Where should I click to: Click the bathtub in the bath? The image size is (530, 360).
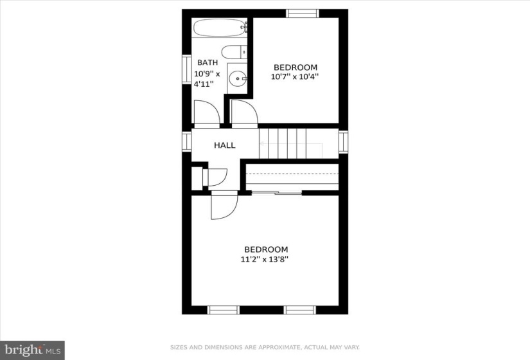[x=220, y=28]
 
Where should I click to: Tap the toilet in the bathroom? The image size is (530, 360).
[x=234, y=52]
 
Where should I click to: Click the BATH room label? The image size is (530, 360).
[x=208, y=62]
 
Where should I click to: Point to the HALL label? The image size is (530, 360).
[x=225, y=145]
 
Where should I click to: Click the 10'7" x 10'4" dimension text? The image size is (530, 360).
[x=295, y=76]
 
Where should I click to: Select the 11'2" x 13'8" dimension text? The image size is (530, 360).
[x=264, y=260]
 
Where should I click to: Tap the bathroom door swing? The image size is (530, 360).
[x=206, y=113]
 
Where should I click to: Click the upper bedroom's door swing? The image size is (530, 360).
[x=244, y=113]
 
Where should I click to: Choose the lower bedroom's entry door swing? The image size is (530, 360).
[x=224, y=205]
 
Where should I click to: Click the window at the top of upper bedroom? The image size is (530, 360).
[x=303, y=14]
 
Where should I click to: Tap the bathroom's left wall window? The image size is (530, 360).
[x=186, y=69]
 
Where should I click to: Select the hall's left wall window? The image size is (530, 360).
[x=186, y=141]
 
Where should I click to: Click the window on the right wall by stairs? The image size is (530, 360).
[x=343, y=142]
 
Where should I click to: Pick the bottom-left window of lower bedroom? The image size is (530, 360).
[x=223, y=310]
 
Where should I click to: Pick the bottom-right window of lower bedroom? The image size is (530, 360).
[x=300, y=310]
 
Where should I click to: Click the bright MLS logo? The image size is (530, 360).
[x=33, y=350]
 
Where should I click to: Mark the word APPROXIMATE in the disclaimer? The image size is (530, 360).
[x=279, y=347]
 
